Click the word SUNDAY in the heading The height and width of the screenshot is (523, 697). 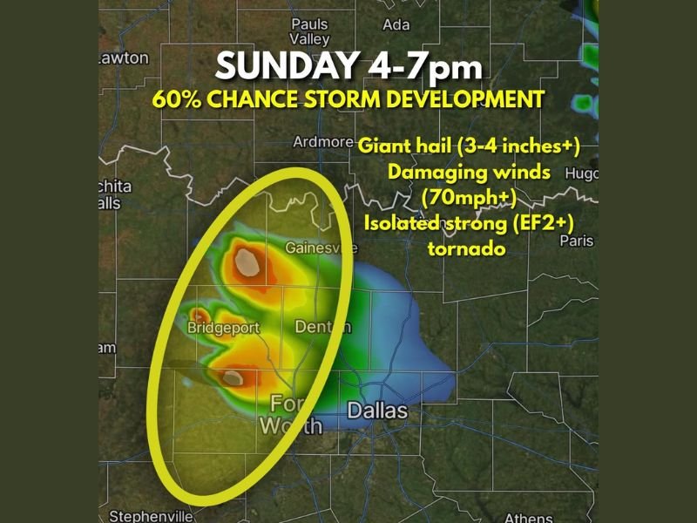285,66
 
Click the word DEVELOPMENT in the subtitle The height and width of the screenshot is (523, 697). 461,98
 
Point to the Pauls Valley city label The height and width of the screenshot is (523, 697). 310,32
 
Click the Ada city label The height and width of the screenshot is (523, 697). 396,24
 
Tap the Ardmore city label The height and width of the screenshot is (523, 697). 322,142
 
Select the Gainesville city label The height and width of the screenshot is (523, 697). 321,248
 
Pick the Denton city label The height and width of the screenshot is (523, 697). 323,327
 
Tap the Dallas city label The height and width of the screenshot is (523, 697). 377,410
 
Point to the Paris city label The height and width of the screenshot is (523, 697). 576,240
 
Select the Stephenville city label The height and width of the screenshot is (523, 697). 151,516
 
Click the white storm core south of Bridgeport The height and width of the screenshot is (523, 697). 233,377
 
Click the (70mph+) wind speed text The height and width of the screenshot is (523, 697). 468,197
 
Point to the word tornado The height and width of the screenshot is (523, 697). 468,248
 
